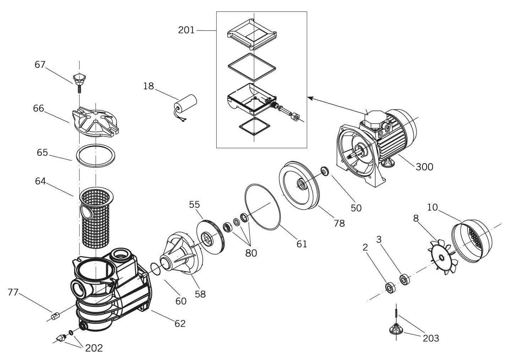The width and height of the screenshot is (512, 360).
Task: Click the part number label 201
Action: pyautogui.click(x=186, y=30)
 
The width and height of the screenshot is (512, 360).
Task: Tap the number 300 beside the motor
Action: pyautogui.click(x=424, y=167)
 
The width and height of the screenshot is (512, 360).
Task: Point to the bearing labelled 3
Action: pyautogui.click(x=404, y=279)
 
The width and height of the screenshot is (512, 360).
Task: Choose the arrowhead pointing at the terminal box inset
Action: pyautogui.click(x=310, y=97)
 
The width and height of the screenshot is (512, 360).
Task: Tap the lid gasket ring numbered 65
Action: pyautogui.click(x=96, y=155)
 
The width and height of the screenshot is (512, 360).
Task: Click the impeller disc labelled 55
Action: pyautogui.click(x=209, y=236)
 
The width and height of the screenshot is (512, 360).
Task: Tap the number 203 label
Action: pyautogui.click(x=431, y=338)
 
